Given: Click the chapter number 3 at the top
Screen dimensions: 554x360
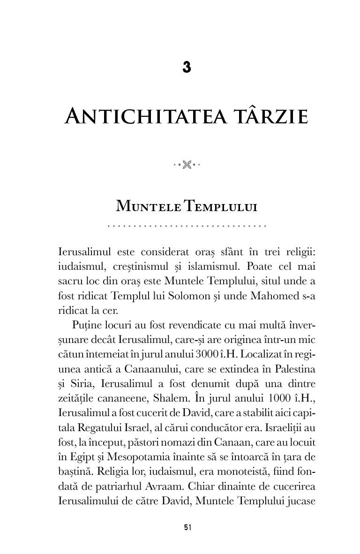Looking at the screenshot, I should tap(187, 68).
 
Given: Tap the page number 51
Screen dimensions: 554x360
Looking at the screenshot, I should tap(187, 527).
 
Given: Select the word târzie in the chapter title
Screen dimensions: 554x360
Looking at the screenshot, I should tap(265, 116).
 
